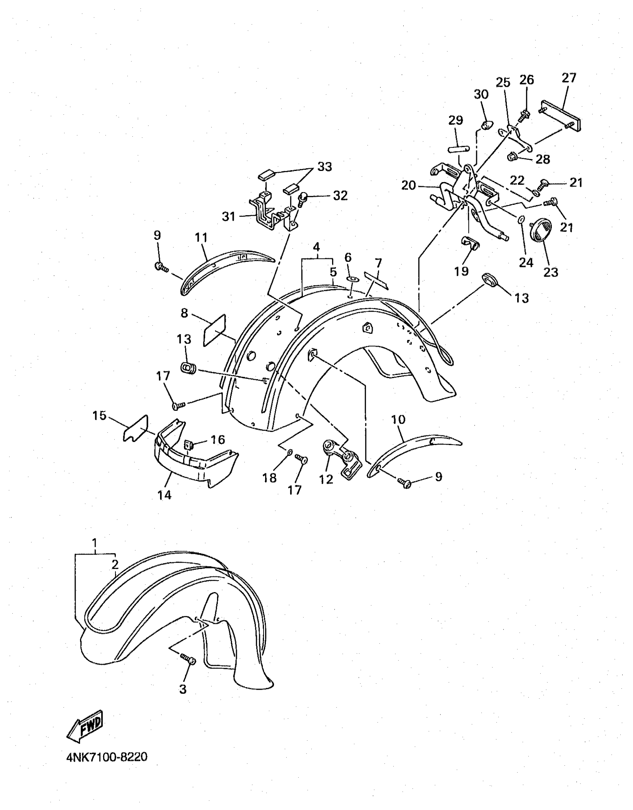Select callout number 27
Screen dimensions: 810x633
pos(569,77)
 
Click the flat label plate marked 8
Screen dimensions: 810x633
pos(214,330)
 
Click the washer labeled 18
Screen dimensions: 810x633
pos(289,452)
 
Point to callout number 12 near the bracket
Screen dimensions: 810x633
pos(326,479)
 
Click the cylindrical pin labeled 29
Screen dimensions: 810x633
pos(459,149)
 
